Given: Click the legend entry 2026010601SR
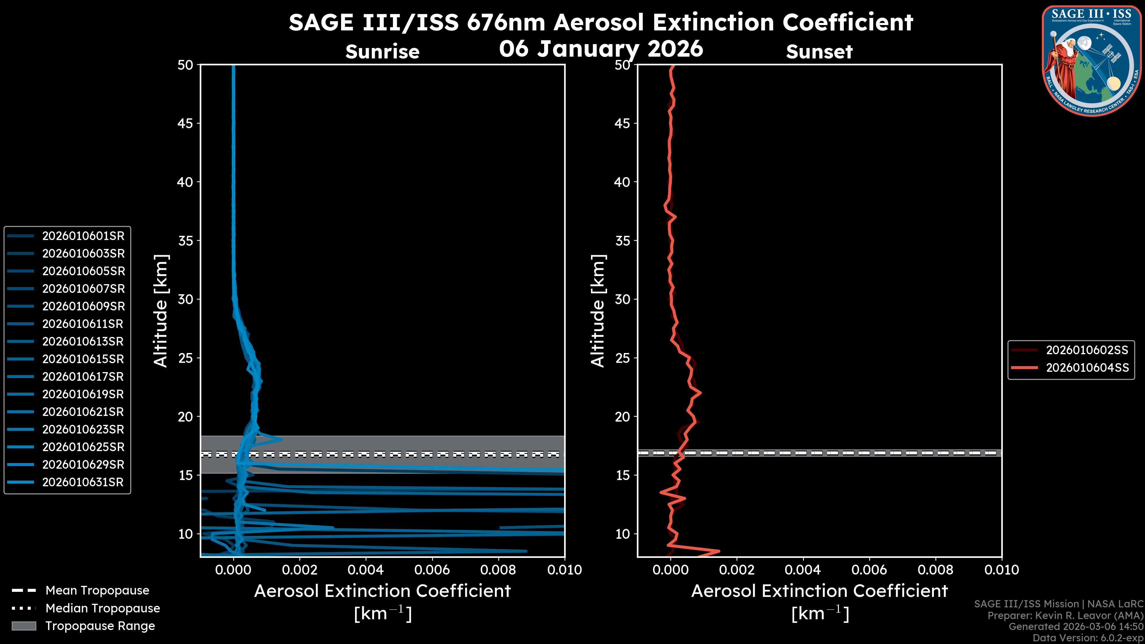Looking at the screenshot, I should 83,236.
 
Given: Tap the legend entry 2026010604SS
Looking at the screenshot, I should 1087,368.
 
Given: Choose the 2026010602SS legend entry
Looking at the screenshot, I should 1087,350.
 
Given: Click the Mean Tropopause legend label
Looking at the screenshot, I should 97,591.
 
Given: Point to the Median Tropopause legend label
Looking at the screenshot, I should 103,609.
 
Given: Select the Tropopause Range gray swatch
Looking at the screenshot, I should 24,626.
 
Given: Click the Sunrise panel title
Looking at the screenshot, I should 382,52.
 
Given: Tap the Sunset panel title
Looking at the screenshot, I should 819,52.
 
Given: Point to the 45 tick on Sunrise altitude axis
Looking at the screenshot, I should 185,123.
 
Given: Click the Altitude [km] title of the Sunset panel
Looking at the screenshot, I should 598,311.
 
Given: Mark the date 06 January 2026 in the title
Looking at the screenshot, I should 601,49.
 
